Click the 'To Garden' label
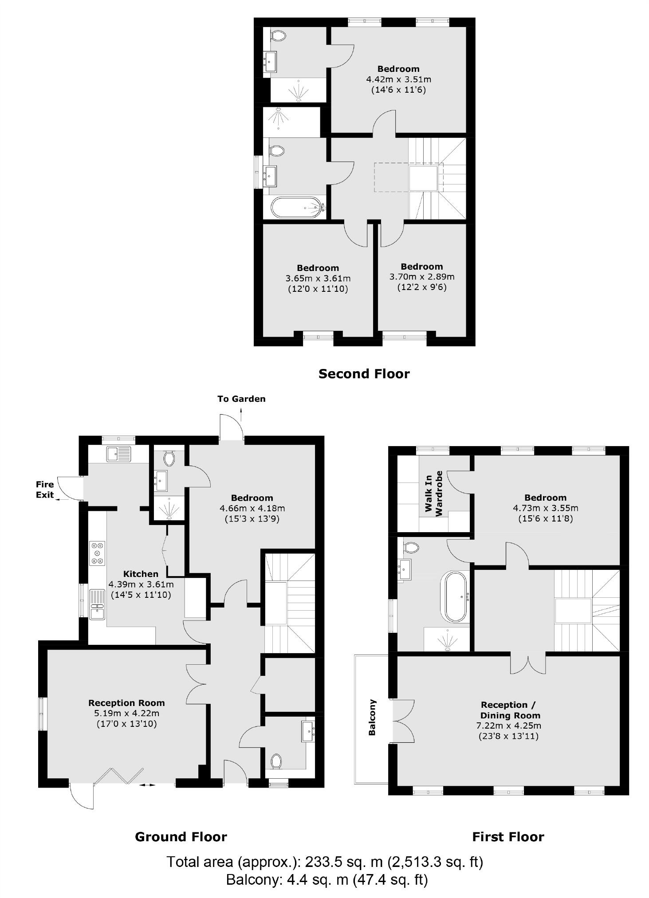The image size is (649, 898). (241, 399)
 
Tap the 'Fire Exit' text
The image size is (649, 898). (45, 490)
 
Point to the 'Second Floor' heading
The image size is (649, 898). (364, 374)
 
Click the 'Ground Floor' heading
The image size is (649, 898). (181, 837)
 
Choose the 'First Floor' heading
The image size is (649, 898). (507, 837)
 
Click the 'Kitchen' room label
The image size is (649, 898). (141, 574)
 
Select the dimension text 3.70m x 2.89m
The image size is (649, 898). (421, 277)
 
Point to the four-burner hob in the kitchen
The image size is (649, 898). (98, 553)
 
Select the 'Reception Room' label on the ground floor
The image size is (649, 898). (126, 703)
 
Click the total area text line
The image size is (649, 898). (324, 862)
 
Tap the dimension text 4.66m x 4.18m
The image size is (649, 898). (252, 508)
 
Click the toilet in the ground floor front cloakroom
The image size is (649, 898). (276, 762)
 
